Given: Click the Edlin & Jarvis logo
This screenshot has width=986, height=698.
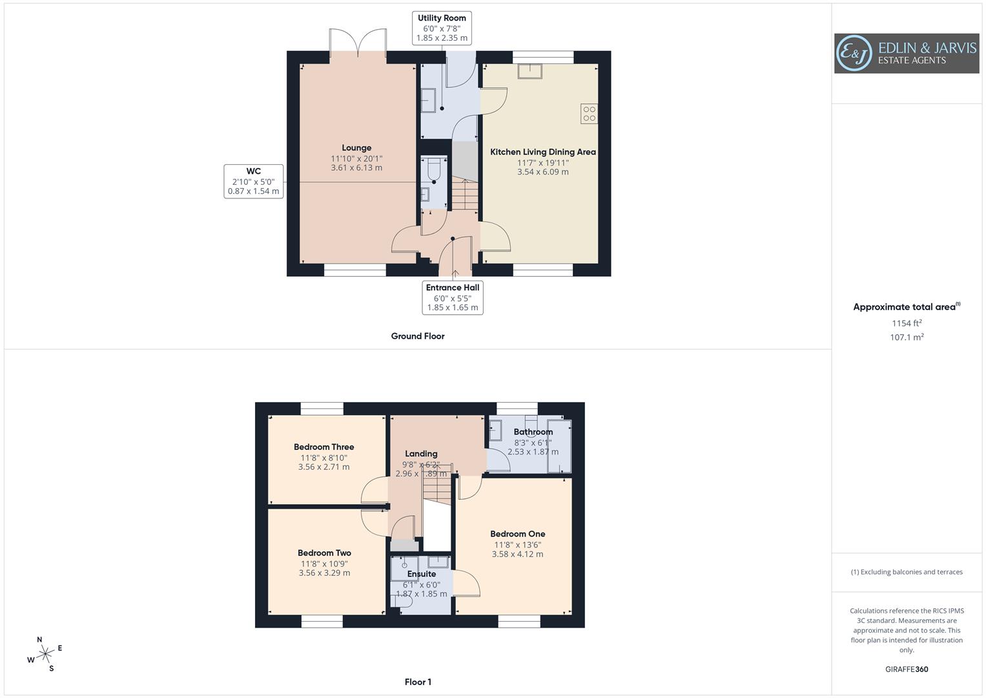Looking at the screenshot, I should (x=906, y=53).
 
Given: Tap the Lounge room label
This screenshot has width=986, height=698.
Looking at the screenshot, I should (x=356, y=148).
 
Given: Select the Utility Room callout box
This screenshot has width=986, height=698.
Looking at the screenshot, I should (x=442, y=28).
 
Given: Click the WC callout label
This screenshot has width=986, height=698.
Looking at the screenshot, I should (x=254, y=181).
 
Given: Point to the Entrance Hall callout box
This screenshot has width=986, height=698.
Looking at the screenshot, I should (x=453, y=297).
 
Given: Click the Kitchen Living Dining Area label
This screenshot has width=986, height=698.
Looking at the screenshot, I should (x=543, y=152).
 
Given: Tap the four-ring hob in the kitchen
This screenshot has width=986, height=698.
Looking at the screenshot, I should (x=589, y=114).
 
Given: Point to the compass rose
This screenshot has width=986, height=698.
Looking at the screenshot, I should (x=45, y=654).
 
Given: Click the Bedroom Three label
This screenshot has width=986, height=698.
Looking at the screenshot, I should (x=324, y=447).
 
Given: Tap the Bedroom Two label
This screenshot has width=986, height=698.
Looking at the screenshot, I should (x=324, y=553).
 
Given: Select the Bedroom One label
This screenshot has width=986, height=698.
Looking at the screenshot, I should (x=517, y=534).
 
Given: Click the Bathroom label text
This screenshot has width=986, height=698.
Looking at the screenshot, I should (x=533, y=432).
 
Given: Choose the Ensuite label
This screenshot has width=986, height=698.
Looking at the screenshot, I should (x=422, y=574).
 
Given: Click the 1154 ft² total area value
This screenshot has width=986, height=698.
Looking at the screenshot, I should (x=907, y=323).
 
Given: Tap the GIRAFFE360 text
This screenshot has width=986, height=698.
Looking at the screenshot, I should (x=907, y=670).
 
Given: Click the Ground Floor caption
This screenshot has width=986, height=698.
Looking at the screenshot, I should (x=418, y=336).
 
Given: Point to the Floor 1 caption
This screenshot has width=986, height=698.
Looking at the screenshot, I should (x=418, y=682).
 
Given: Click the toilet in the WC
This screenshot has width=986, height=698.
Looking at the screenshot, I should (x=433, y=169).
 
